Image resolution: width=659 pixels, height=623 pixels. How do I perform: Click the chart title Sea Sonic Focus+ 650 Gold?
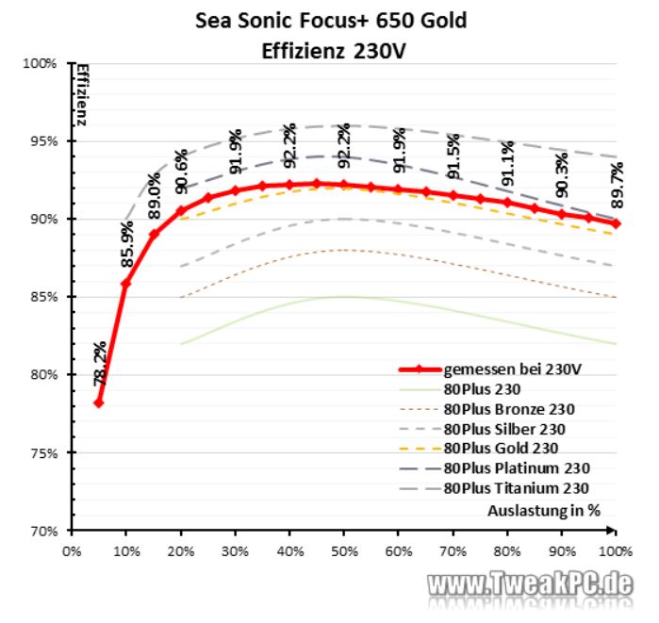click(x=330, y=20)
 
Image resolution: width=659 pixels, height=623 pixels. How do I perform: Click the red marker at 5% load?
click(x=98, y=402)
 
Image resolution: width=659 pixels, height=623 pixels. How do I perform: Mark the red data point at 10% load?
click(x=125, y=283)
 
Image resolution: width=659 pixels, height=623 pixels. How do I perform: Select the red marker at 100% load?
click(x=616, y=223)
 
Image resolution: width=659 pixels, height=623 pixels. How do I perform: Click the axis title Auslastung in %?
click(x=544, y=510)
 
